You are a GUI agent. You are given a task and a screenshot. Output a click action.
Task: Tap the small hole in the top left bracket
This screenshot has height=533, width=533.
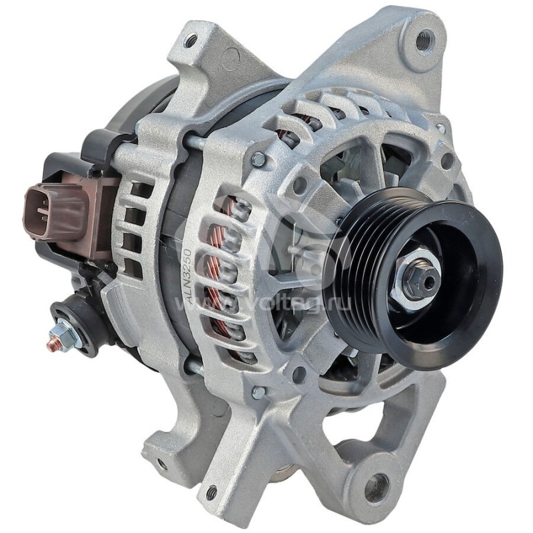(191, 41)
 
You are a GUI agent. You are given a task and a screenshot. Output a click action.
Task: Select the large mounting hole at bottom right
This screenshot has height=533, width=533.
(376, 484)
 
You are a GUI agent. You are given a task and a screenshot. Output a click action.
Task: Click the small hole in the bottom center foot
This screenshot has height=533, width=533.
(211, 493)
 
